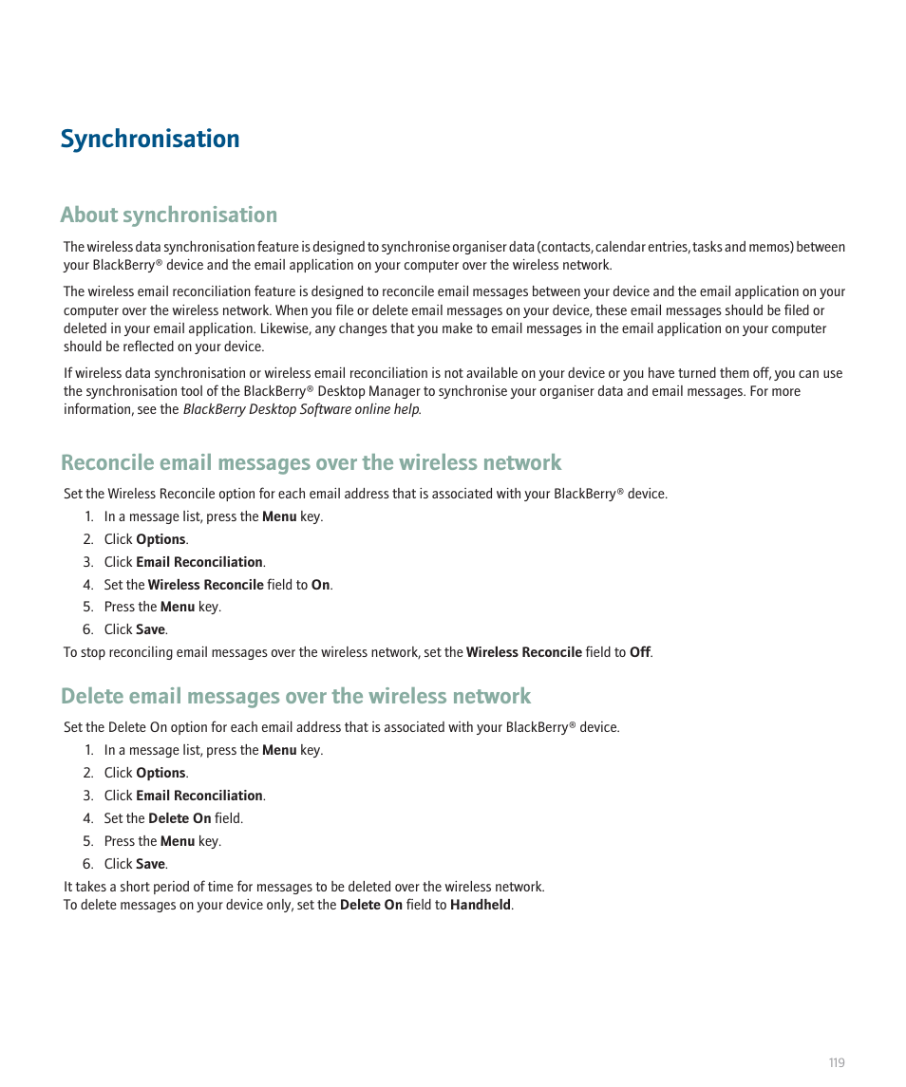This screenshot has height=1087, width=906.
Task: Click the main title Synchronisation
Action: coord(150,139)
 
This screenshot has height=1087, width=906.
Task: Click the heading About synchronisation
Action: coord(169,215)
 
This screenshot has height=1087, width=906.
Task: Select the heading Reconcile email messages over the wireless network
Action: coord(311,462)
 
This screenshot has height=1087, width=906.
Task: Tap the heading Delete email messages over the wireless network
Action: coord(295,696)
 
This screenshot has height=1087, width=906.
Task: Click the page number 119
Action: coord(836,1062)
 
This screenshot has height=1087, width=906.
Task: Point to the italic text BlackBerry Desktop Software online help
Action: coord(301,409)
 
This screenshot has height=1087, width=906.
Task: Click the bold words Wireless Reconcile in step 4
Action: coord(205,585)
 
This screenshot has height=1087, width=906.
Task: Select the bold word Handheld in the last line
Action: coord(481,905)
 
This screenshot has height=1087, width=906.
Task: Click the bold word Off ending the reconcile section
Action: coord(640,652)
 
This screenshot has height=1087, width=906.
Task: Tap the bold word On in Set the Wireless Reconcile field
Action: coord(321,585)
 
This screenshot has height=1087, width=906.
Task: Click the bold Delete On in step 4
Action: coord(179,818)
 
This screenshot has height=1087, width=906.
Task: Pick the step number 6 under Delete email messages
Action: coord(87,864)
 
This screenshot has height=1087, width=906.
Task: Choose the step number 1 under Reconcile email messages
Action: coord(87,516)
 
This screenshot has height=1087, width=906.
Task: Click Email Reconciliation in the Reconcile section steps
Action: coord(199,562)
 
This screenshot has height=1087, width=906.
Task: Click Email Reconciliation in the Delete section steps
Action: coord(199,796)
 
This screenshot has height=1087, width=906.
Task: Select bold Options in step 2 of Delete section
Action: coord(160,773)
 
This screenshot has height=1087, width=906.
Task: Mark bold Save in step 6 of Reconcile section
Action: coord(150,629)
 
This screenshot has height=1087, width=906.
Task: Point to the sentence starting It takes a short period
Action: coord(304,887)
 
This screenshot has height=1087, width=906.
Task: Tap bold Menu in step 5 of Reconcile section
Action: coord(177,607)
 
